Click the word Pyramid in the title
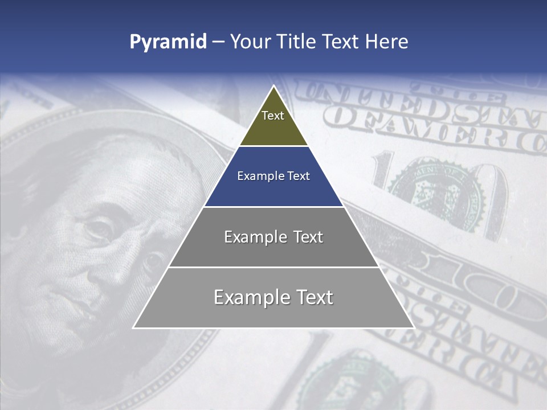pos(168,42)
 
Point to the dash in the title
pos(218,42)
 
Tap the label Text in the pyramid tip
pos(273,116)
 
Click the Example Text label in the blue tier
pos(273,176)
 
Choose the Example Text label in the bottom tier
pos(273,297)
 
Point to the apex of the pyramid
pos(274,87)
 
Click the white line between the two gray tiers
pos(273,267)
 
